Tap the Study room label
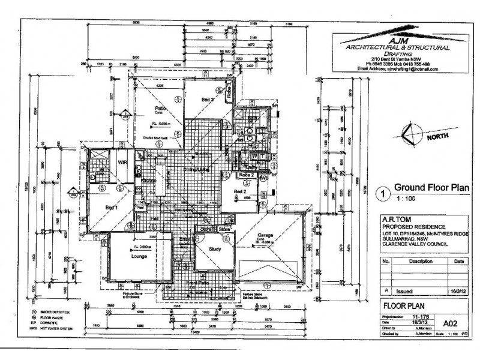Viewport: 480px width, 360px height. [x=215, y=248]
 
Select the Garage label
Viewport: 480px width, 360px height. [x=266, y=235]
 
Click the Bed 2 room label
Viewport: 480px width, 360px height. [x=241, y=191]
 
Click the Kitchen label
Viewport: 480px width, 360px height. [x=149, y=180]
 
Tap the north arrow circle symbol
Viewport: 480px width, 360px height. [x=413, y=135]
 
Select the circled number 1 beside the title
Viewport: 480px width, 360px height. [x=379, y=194]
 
